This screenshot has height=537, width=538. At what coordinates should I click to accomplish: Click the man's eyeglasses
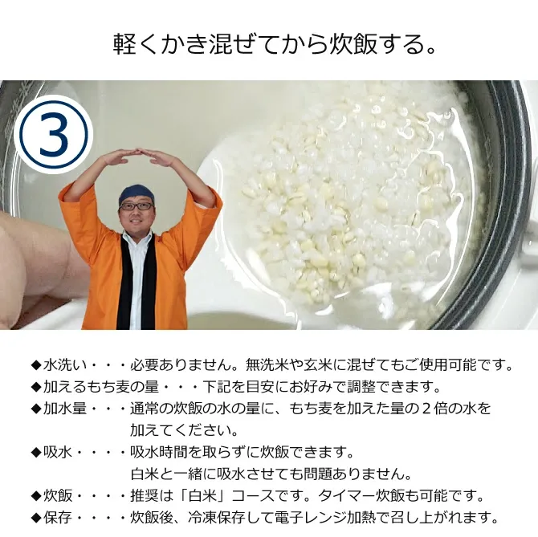[x=136, y=206]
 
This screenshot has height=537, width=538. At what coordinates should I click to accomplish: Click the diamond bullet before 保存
[x=35, y=517]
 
